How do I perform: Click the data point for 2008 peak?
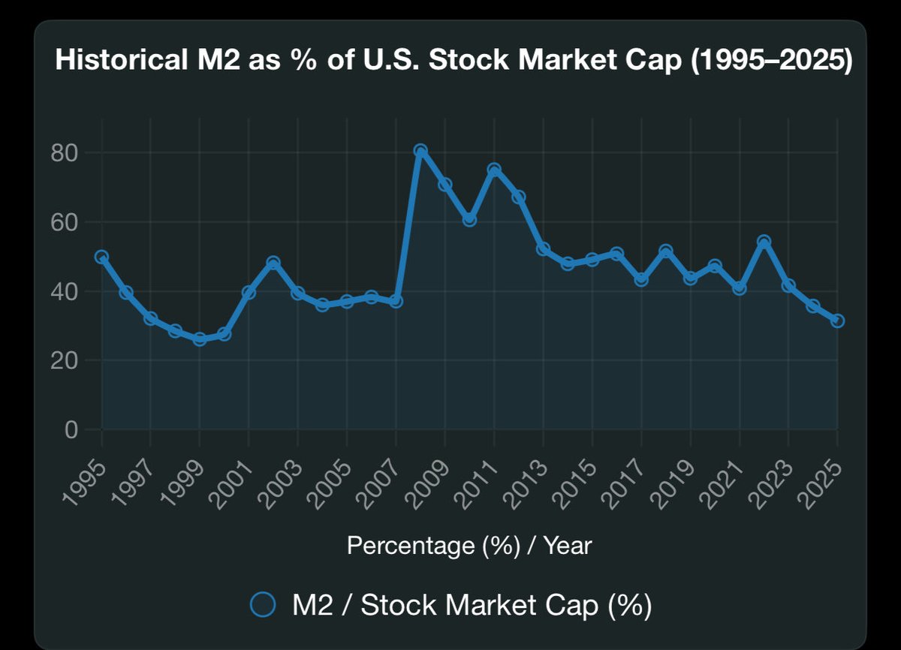(420, 151)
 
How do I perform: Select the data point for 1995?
(101, 257)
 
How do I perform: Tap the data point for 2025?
(837, 320)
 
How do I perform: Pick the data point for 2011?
(494, 170)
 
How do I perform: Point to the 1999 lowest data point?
(200, 339)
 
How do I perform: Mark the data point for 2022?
(764, 242)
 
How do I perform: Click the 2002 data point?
(273, 263)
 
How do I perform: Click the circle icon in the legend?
(264, 604)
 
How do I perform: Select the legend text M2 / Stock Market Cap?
(472, 605)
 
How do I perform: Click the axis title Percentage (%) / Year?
(469, 546)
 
